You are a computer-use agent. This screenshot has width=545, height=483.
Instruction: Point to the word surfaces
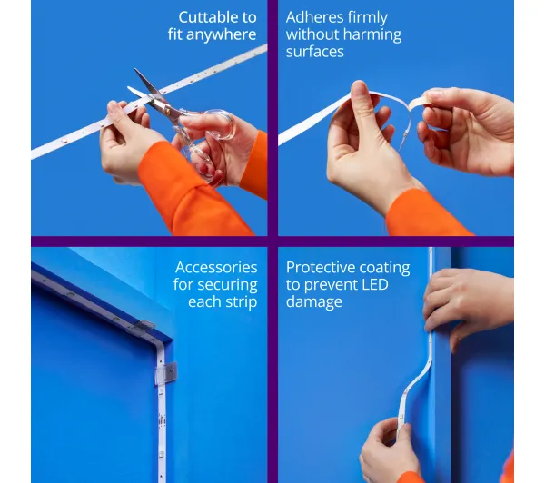pyautogui.click(x=315, y=52)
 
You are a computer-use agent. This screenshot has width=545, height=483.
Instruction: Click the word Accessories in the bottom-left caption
pyautogui.click(x=216, y=267)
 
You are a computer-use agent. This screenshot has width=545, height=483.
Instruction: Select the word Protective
pyautogui.click(x=315, y=267)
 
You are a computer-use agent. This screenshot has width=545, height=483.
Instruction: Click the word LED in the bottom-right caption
pyautogui.click(x=375, y=284)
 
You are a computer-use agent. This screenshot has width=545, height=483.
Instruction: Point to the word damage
pyautogui.click(x=314, y=302)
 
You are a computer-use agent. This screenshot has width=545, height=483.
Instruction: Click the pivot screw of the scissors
pyautogui.click(x=167, y=111)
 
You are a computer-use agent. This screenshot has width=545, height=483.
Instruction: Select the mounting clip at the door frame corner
pyautogui.click(x=143, y=327)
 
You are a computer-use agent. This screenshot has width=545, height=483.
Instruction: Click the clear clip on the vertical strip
pyautogui.click(x=166, y=373)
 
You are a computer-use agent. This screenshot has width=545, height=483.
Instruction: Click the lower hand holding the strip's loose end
pyautogui.click(x=390, y=448)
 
